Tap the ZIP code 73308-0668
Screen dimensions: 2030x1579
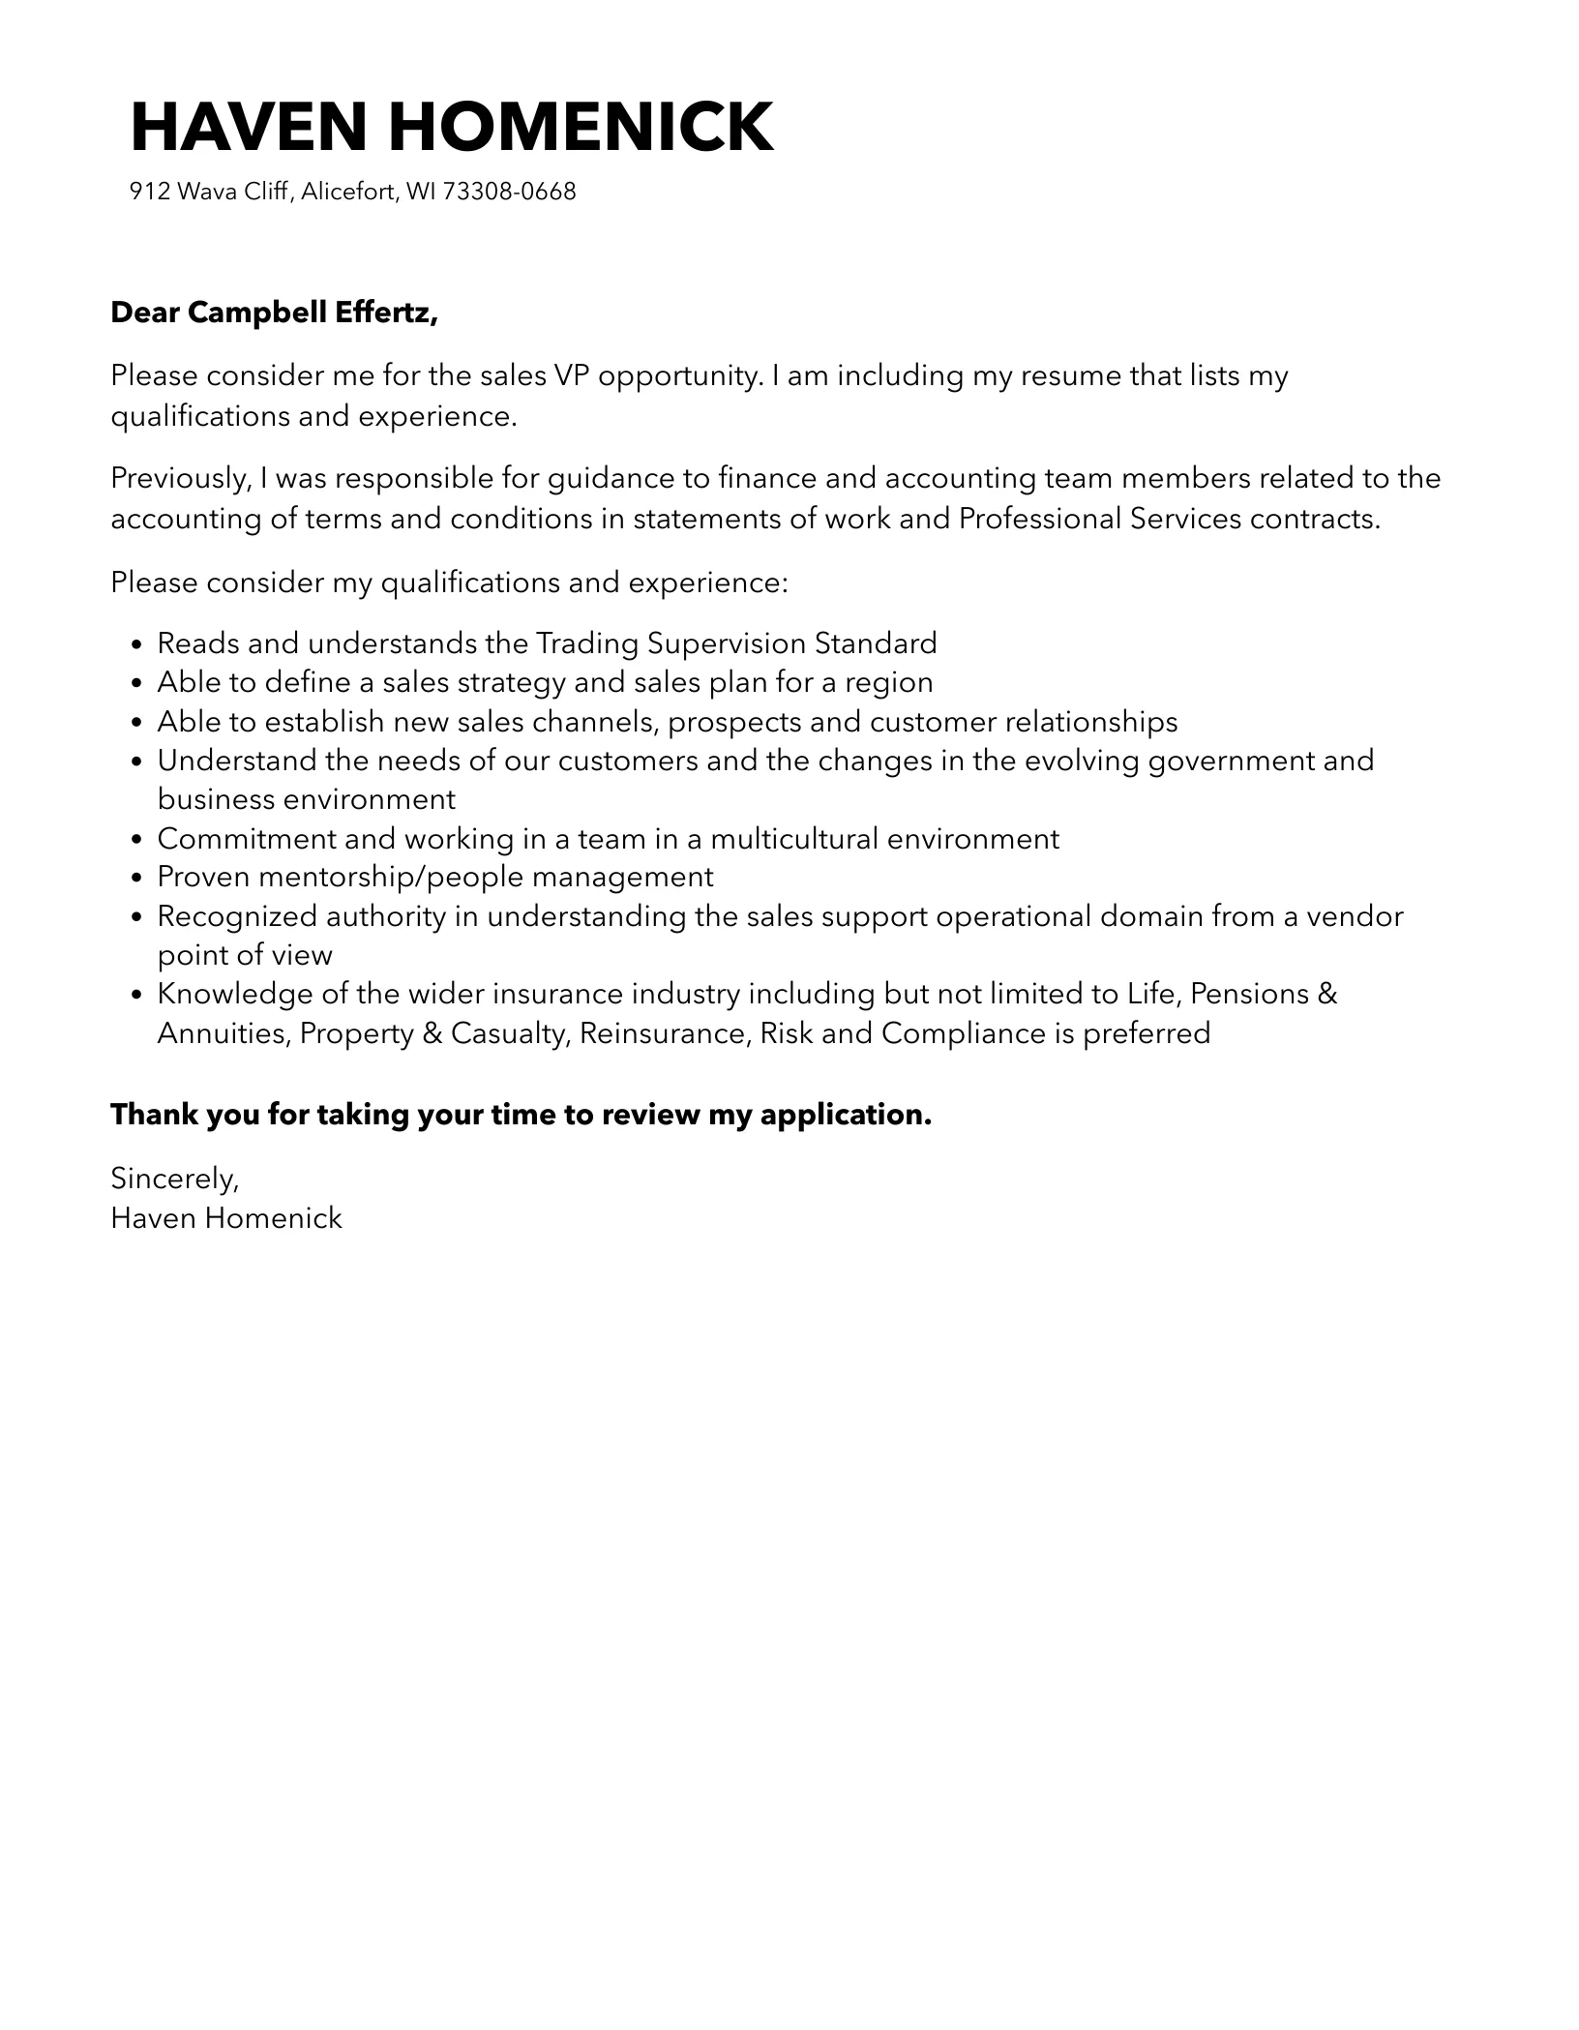point(509,192)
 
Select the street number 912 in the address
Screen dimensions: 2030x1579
point(150,192)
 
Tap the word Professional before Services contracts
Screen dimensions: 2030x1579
point(1039,519)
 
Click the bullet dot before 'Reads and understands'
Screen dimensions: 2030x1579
point(136,644)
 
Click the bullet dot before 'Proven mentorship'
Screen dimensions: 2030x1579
point(136,879)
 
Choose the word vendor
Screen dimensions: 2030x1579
point(1355,916)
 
